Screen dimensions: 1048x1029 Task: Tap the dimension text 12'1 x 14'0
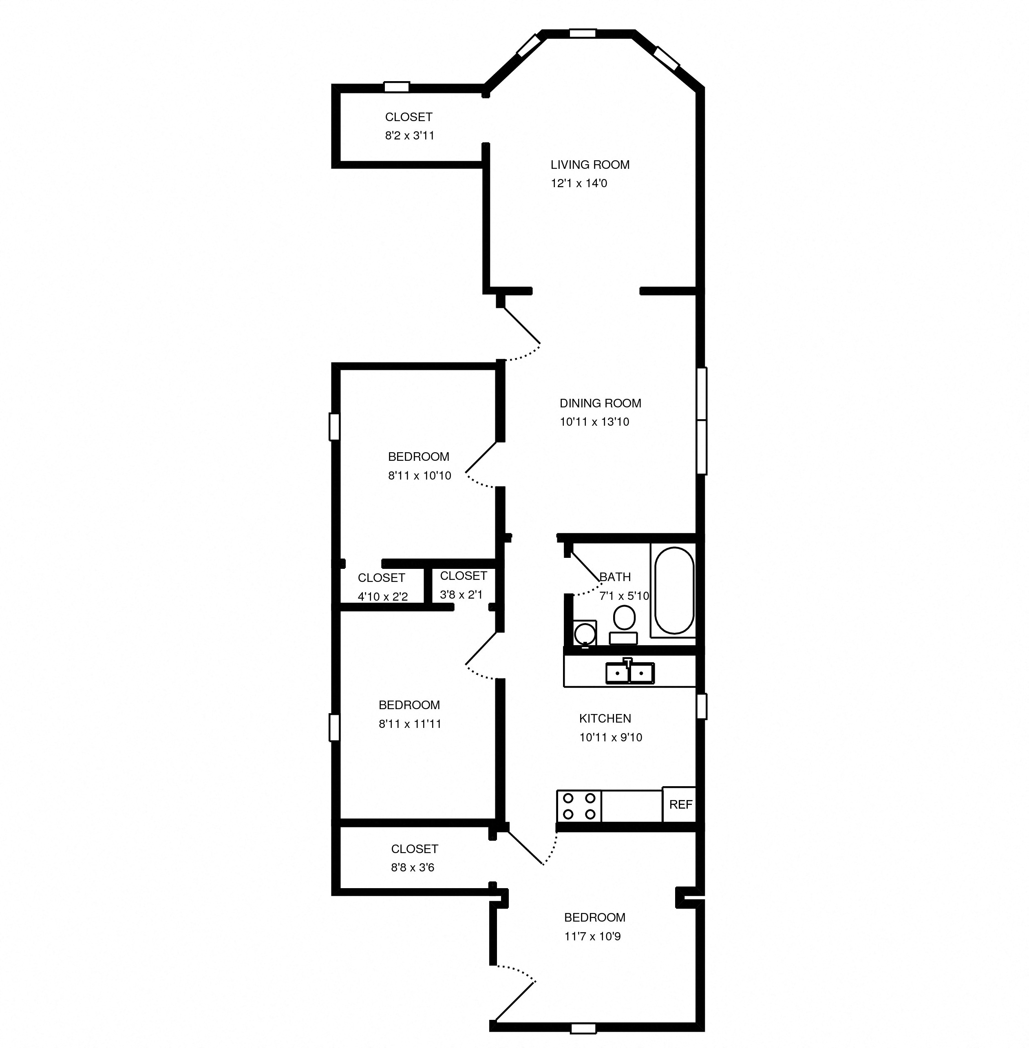tap(579, 183)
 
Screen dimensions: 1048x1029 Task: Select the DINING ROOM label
tap(600, 403)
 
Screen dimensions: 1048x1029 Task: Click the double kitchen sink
tap(629, 672)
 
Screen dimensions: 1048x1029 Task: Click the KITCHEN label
tap(605, 718)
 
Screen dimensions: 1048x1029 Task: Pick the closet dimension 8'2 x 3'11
tap(409, 136)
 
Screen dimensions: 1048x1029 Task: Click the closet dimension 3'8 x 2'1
tap(460, 595)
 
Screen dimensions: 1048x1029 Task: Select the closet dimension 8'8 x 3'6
tap(412, 867)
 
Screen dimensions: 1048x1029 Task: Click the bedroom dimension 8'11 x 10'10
tap(420, 475)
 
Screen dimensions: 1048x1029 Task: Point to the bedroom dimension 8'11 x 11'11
tap(410, 724)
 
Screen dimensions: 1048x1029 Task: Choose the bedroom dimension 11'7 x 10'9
tap(592, 937)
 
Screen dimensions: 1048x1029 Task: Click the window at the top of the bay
tap(583, 33)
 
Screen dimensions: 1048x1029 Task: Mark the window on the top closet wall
tap(397, 86)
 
